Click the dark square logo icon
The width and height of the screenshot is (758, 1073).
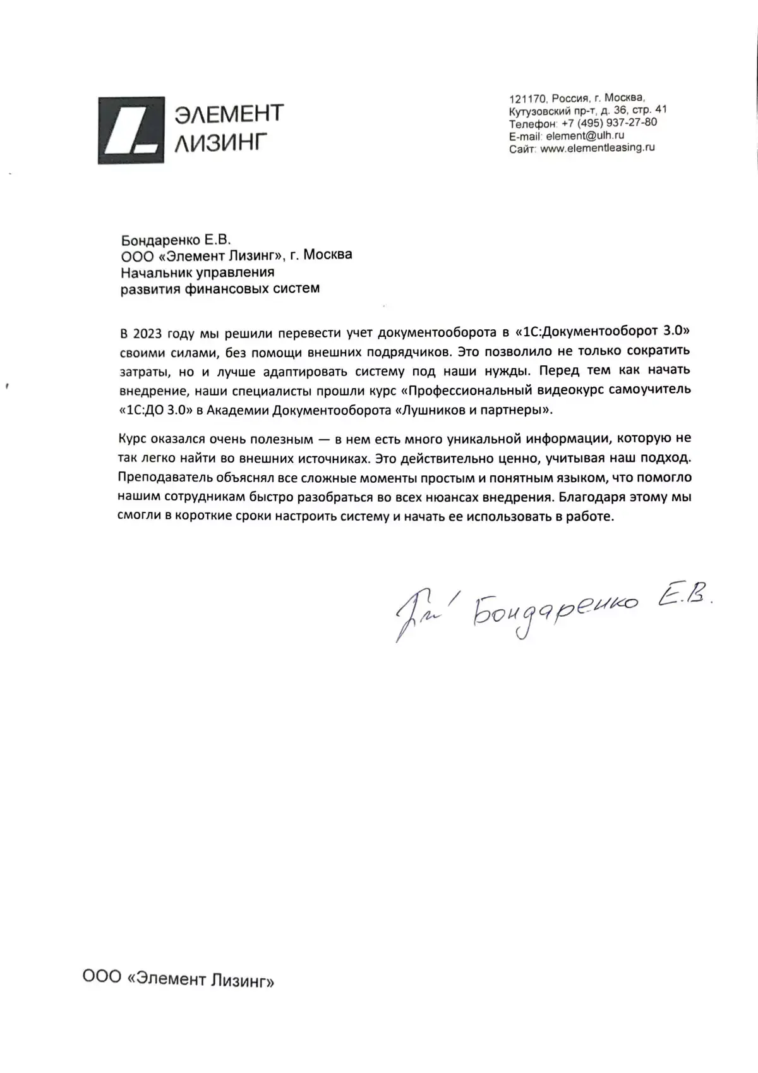point(131,130)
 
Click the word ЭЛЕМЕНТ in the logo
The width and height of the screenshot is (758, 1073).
point(229,114)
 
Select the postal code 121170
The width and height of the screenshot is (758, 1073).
point(527,99)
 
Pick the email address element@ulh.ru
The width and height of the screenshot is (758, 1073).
point(585,135)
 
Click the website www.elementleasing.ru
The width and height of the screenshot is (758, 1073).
point(598,148)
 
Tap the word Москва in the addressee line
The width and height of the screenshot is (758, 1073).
point(328,255)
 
